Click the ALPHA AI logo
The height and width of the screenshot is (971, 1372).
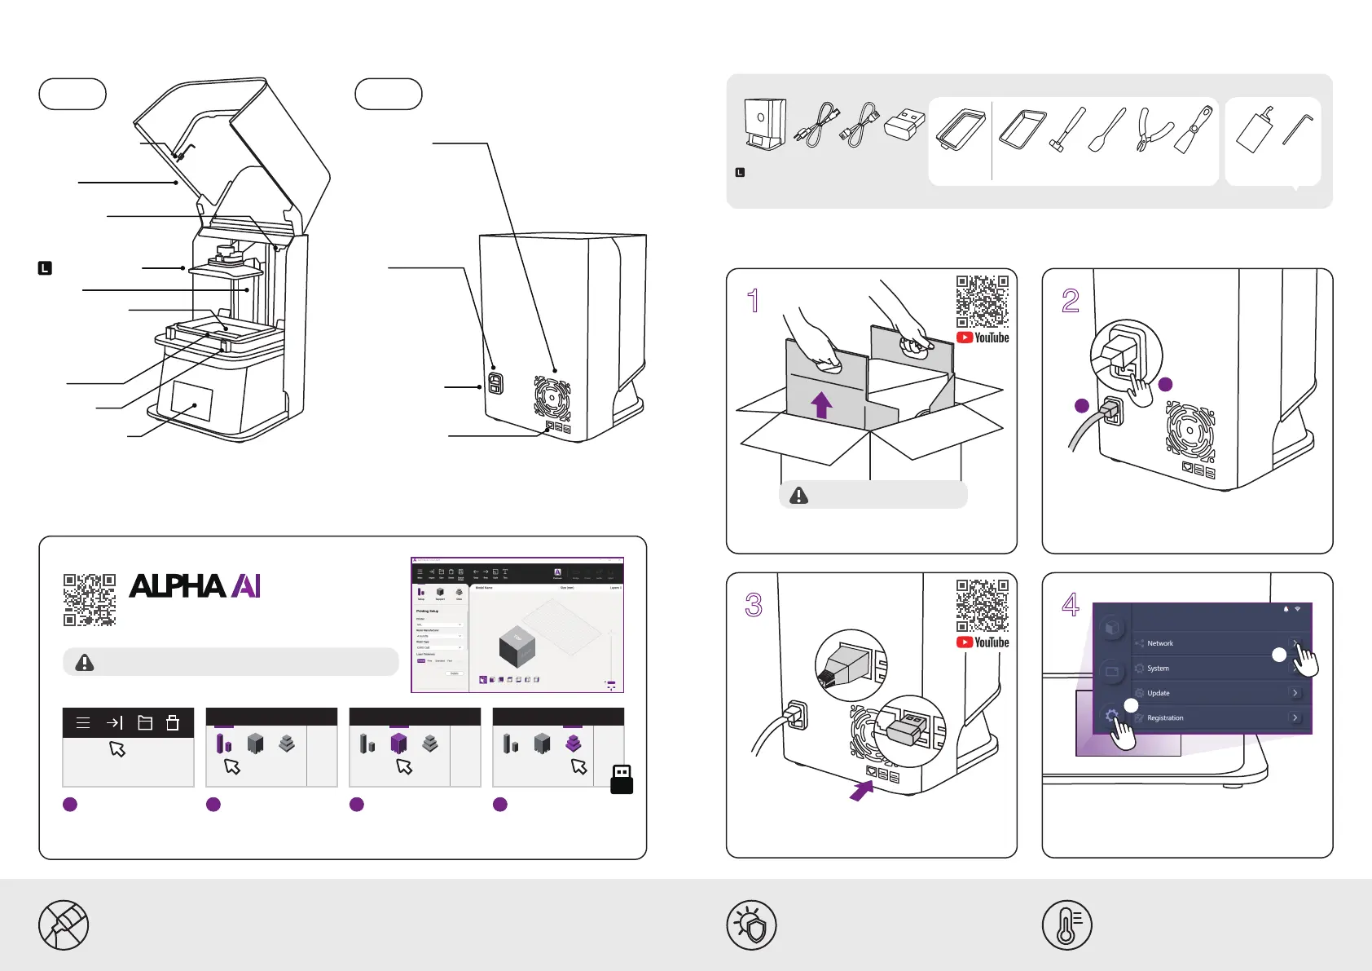(195, 586)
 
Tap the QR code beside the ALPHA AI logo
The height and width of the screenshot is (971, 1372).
(90, 599)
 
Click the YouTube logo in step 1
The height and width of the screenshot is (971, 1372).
(983, 338)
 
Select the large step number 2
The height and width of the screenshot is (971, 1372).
(1071, 301)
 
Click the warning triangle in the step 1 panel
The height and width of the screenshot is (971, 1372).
(798, 496)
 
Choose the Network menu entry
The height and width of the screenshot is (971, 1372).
(1160, 643)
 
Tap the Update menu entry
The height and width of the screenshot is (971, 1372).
(1158, 693)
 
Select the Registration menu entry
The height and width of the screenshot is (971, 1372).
(1165, 718)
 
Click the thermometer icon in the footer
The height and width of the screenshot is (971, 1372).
(1066, 925)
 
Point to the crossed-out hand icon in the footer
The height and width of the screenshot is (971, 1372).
(64, 925)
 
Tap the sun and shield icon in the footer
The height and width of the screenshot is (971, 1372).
(751, 925)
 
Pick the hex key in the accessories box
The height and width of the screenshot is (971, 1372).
(1297, 130)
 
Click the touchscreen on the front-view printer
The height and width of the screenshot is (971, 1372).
(192, 404)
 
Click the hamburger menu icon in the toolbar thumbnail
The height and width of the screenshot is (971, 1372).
(83, 722)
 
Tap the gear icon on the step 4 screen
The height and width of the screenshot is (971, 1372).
(1111, 717)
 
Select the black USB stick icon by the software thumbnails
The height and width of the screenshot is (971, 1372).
(622, 779)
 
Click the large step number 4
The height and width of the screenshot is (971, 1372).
(1071, 605)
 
